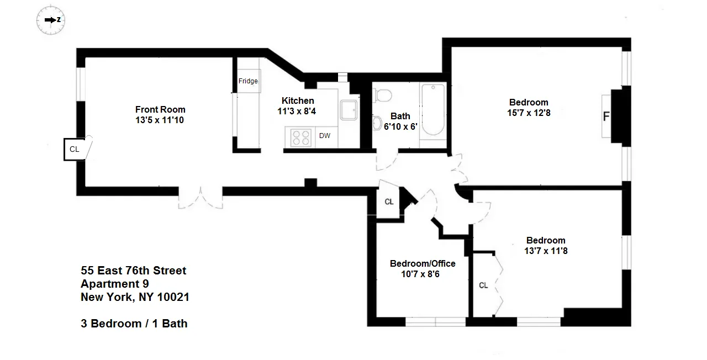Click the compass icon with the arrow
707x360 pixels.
coord(51,20)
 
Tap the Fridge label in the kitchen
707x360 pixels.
coord(248,81)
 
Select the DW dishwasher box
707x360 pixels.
coord(324,136)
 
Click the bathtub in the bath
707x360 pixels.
coord(432,110)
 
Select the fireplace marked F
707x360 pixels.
coord(607,117)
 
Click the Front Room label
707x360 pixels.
coord(160,109)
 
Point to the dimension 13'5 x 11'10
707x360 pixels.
coord(160,120)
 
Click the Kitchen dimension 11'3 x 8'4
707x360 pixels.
coord(297,111)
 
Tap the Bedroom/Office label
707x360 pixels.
coord(423,263)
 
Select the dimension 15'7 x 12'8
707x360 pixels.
coord(529,113)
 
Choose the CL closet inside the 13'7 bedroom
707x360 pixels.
coord(484,285)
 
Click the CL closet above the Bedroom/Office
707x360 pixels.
coord(389,202)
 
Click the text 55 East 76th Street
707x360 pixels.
coord(133,271)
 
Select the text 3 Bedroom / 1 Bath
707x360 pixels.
coord(134,324)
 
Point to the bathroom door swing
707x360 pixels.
coord(386,160)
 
